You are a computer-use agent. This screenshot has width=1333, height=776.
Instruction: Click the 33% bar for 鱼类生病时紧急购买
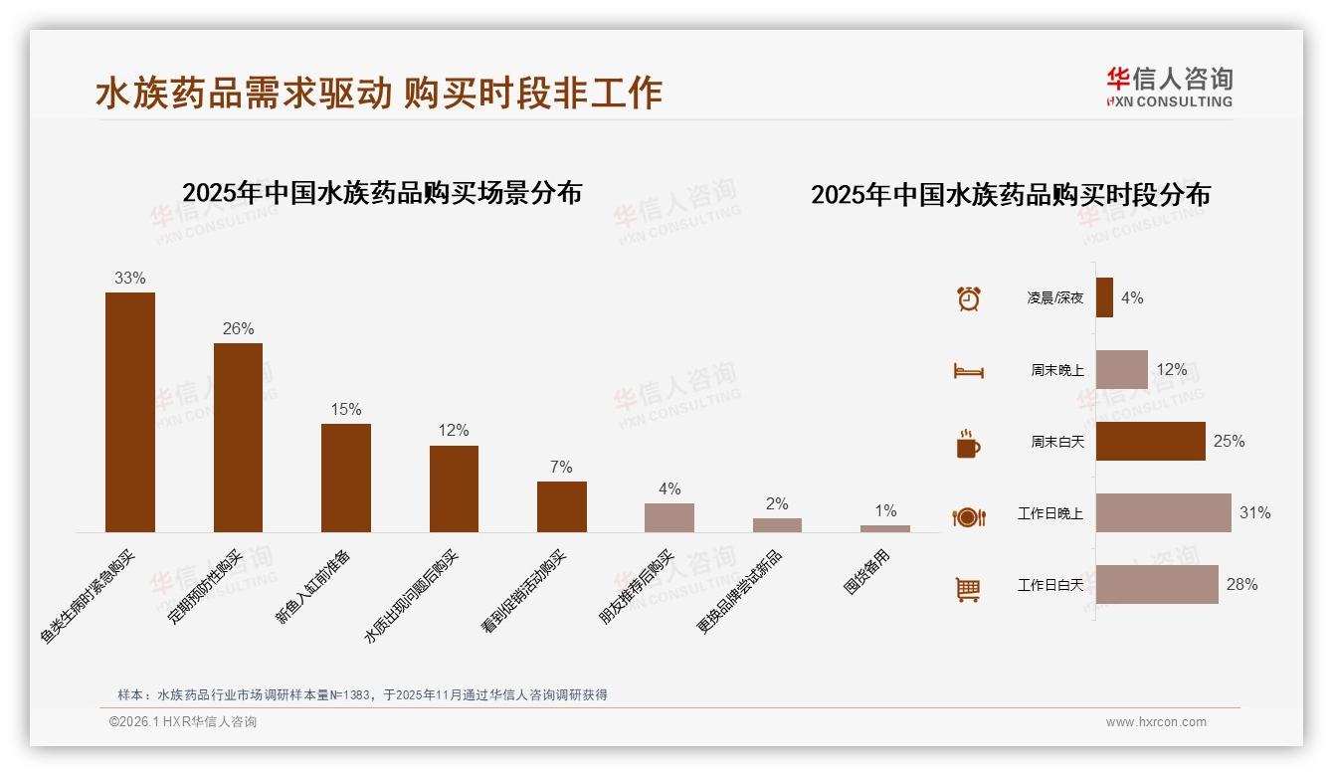(130, 412)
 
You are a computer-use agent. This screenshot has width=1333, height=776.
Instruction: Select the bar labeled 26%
(238, 438)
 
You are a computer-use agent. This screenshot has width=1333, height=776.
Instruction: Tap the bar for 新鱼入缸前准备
(346, 478)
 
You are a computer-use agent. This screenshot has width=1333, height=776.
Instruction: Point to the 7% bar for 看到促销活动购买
(562, 506)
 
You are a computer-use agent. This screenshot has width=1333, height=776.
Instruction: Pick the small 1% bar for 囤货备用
(885, 528)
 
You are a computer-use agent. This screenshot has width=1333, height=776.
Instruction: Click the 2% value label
(777, 504)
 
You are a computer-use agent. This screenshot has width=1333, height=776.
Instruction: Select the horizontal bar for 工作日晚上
(1163, 513)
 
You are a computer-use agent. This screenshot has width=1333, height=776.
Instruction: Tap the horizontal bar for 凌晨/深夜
(1104, 297)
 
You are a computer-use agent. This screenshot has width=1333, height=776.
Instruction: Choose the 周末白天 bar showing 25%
(1150, 441)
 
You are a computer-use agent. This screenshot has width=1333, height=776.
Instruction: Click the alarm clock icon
(969, 298)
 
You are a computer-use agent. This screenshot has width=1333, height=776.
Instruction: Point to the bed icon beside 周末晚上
(969, 371)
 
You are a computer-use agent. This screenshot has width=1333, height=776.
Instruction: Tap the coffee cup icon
(968, 444)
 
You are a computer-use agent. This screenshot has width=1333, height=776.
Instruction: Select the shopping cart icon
(968, 589)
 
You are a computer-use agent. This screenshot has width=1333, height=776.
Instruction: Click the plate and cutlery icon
(969, 516)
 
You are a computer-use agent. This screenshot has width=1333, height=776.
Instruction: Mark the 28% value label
(1241, 585)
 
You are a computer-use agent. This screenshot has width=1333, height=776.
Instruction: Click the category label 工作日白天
(1049, 585)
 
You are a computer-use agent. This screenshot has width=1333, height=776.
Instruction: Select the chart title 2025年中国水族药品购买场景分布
(382, 193)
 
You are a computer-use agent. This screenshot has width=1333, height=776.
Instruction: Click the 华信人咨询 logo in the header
(1169, 87)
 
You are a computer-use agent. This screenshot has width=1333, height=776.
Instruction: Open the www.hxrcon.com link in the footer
(1156, 722)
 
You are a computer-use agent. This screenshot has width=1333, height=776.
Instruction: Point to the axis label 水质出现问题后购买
(412, 596)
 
